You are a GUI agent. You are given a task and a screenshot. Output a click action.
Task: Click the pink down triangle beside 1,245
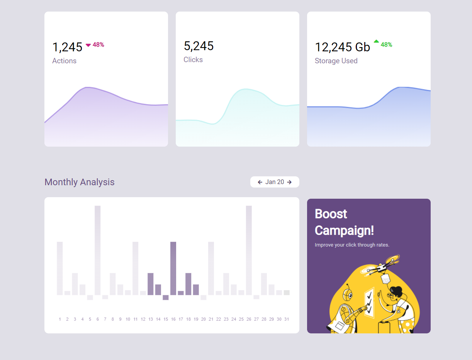[88, 45]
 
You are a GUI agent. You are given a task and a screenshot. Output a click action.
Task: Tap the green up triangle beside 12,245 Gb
[376, 41]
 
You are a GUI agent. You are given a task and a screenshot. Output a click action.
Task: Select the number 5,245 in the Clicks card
[199, 46]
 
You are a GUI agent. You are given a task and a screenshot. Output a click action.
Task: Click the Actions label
[64, 61]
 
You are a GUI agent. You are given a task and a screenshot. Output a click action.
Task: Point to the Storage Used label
[336, 61]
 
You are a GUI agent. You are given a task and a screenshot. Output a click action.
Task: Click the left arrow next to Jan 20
[260, 182]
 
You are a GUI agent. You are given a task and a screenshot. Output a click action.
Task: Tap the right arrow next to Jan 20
[289, 182]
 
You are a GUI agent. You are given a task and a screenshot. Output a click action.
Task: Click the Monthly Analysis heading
[80, 182]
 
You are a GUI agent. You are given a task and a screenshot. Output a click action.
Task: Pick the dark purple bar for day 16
[173, 268]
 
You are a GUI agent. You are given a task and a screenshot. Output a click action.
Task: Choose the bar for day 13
[151, 284]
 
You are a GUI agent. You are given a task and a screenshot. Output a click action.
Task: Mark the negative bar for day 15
[166, 297]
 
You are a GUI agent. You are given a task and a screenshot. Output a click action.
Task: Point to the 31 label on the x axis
[287, 319]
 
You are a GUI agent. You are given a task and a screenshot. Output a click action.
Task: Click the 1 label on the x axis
[60, 319]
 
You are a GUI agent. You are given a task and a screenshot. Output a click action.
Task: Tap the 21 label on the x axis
[211, 319]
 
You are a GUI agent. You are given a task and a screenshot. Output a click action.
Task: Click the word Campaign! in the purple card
[344, 230]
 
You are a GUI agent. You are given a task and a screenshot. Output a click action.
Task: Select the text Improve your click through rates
[352, 245]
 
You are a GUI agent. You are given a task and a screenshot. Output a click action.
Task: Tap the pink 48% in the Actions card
[98, 45]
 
